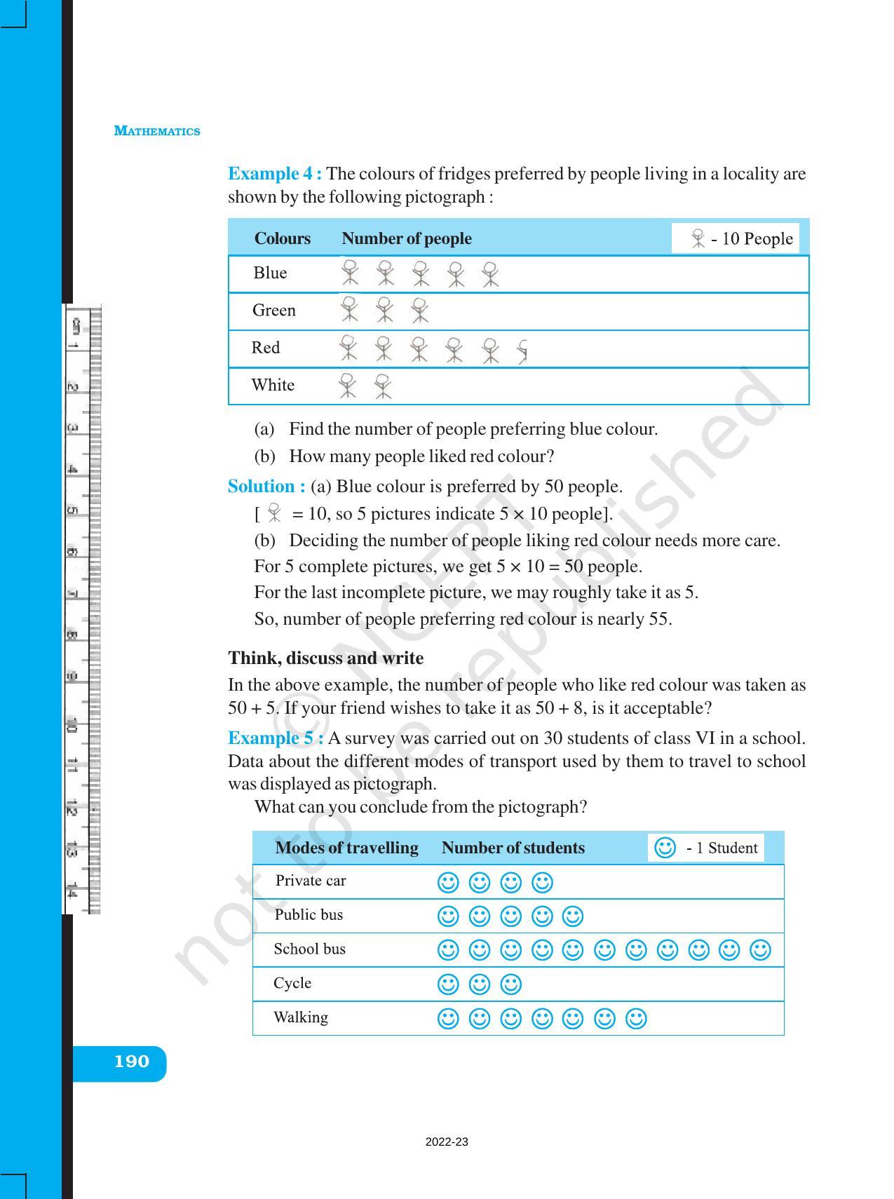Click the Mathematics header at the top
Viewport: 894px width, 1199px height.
156,131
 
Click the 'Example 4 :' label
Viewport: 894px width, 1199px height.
274,173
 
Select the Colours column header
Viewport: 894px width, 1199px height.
282,238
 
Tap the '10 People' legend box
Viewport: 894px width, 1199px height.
736,238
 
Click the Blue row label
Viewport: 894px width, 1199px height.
270,273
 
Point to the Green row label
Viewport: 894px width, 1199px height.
273,310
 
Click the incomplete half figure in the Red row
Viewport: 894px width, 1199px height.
522,351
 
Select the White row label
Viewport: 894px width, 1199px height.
273,385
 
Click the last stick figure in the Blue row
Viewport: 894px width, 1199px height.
491,274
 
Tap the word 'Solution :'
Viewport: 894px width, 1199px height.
266,486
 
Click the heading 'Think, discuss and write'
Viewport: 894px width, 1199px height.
325,658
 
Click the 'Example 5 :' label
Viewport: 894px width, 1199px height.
275,738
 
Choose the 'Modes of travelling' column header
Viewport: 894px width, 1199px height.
346,848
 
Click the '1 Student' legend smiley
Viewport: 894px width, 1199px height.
665,848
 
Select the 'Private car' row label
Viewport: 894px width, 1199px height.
310,881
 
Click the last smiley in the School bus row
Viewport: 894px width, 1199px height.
760,950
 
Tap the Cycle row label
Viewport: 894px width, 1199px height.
292,983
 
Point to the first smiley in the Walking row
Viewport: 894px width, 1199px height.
447,1018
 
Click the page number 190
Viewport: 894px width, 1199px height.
132,1062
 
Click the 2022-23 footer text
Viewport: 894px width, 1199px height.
447,1142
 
